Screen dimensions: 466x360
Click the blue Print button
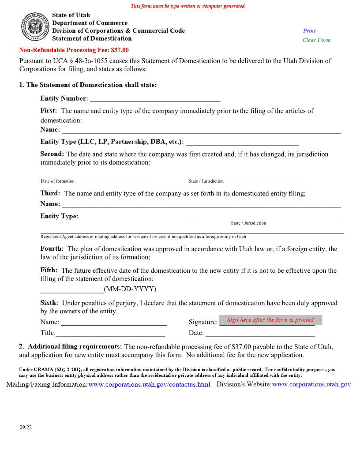tap(309, 31)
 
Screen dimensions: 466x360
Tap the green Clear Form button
tap(316, 40)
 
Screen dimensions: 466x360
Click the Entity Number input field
tap(155, 98)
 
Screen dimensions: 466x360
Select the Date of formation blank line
tap(95, 174)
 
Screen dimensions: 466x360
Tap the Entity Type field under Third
tap(137, 216)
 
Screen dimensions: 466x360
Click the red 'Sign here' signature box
tap(270, 320)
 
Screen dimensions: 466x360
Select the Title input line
tap(110, 333)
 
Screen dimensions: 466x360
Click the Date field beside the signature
tap(260, 333)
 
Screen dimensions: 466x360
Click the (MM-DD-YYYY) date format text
tap(130, 289)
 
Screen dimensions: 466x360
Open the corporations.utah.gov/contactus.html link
tap(149, 384)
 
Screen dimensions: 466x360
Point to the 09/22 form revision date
tap(26, 428)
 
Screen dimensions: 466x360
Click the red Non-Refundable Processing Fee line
tap(74, 50)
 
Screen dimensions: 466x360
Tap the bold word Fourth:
tap(52, 249)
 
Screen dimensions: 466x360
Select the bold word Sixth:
tap(49, 303)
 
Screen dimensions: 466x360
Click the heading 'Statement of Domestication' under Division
tap(92, 38)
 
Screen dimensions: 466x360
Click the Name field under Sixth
tap(113, 322)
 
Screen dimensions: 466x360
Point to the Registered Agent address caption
tap(143, 237)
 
